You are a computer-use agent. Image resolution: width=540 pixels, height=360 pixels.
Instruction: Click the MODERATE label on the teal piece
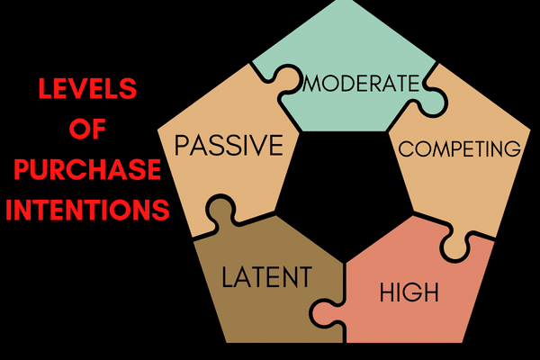coord(363,84)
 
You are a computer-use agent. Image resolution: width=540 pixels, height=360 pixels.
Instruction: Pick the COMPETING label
coord(459,148)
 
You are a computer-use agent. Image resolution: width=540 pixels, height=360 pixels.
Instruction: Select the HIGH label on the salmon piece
coord(409,292)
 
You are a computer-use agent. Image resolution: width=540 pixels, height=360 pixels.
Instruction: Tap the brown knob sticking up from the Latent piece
coord(221,212)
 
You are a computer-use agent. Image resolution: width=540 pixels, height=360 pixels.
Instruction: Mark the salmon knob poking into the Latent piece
coord(319,310)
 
